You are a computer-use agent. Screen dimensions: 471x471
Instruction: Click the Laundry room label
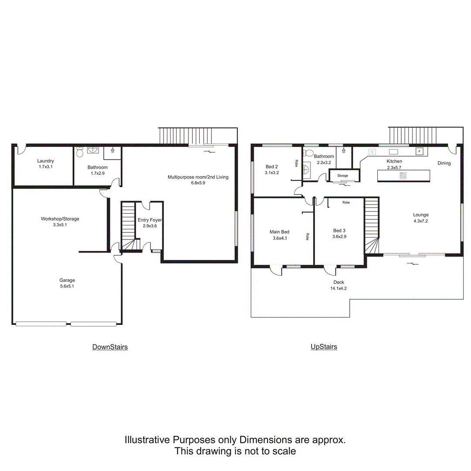[46, 161]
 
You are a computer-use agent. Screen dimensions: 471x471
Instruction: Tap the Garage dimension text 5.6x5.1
[67, 286]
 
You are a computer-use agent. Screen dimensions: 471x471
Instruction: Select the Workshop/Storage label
[60, 219]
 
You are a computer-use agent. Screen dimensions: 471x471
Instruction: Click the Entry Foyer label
[150, 220]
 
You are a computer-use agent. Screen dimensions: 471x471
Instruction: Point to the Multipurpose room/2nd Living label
[198, 177]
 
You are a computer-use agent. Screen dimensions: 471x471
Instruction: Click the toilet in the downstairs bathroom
[80, 151]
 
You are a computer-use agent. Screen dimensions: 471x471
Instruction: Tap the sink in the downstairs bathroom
[93, 150]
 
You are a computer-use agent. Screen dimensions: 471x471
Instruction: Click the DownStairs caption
[110, 347]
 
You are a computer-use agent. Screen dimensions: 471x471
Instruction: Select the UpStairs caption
[324, 347]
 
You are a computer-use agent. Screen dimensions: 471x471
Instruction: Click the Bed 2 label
[272, 167]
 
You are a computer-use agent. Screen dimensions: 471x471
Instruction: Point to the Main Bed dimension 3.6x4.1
[279, 238]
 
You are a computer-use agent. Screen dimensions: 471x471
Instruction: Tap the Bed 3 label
[339, 231]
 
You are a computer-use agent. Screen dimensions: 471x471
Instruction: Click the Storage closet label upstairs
[342, 175]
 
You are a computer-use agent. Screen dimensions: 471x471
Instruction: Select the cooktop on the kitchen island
[403, 175]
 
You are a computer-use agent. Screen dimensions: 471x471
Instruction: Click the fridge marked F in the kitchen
[420, 152]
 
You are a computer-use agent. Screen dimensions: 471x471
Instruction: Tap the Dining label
[444, 163]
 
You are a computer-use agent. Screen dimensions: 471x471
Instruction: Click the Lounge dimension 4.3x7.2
[421, 221]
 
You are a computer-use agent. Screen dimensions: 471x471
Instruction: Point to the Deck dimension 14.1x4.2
[338, 288]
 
